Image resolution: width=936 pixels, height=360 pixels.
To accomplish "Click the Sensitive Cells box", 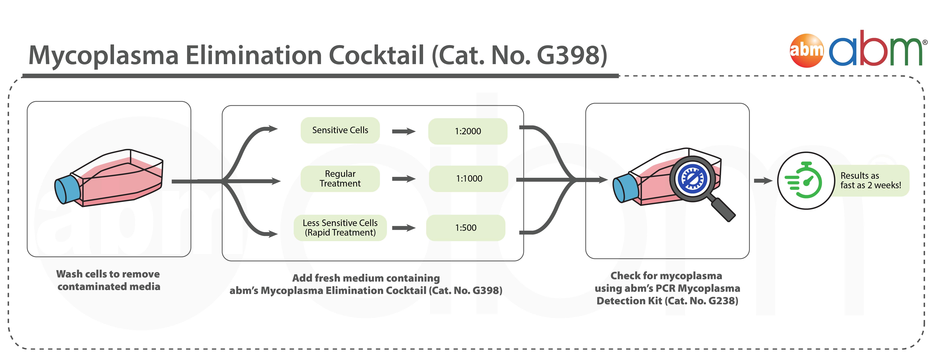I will [340, 130].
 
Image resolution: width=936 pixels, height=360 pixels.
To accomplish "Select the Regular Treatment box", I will [340, 178].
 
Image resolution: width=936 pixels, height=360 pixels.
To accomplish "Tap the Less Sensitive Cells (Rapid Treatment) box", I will [340, 228].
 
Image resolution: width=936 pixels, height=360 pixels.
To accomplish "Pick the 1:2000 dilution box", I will [468, 131].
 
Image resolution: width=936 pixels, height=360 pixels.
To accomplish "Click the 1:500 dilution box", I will [465, 228].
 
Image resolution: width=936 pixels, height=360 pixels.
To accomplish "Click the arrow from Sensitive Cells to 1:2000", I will [403, 131].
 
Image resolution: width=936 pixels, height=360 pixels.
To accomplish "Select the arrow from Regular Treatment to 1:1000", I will [403, 178].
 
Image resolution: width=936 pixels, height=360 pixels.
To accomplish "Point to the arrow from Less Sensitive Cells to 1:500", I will [403, 228].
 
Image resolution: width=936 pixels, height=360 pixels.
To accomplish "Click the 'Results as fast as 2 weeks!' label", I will [871, 180].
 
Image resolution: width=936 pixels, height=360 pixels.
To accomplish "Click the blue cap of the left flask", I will [67, 189].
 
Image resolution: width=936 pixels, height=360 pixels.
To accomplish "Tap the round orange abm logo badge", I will [807, 50].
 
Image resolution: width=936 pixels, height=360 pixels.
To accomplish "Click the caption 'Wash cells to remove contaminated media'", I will [108, 280].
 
